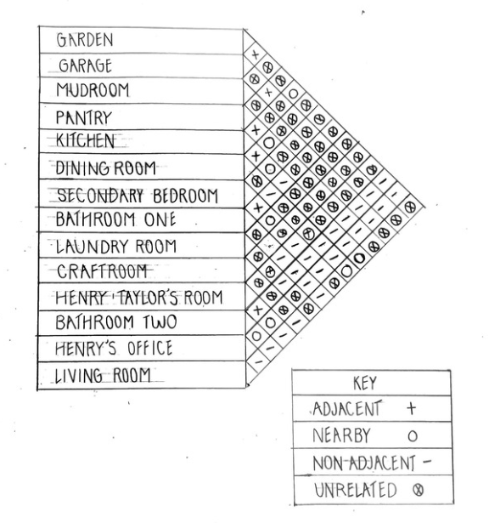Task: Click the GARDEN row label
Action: (85, 40)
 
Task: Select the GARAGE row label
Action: (85, 65)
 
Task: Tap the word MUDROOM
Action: (93, 90)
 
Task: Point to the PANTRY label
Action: (83, 117)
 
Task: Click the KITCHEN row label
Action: (85, 140)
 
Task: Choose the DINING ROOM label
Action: (105, 168)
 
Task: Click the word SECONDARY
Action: (100, 196)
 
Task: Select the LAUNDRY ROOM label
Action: (115, 247)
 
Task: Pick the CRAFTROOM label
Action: (102, 271)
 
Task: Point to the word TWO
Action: (160, 322)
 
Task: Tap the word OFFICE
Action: (149, 348)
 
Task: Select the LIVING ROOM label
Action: (103, 376)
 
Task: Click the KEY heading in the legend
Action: (365, 383)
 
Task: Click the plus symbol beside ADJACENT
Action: (412, 408)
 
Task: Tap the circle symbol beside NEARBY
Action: (413, 436)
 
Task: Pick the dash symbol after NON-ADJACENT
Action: (427, 462)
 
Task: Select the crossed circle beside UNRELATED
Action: (419, 490)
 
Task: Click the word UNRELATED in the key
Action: (356, 490)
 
